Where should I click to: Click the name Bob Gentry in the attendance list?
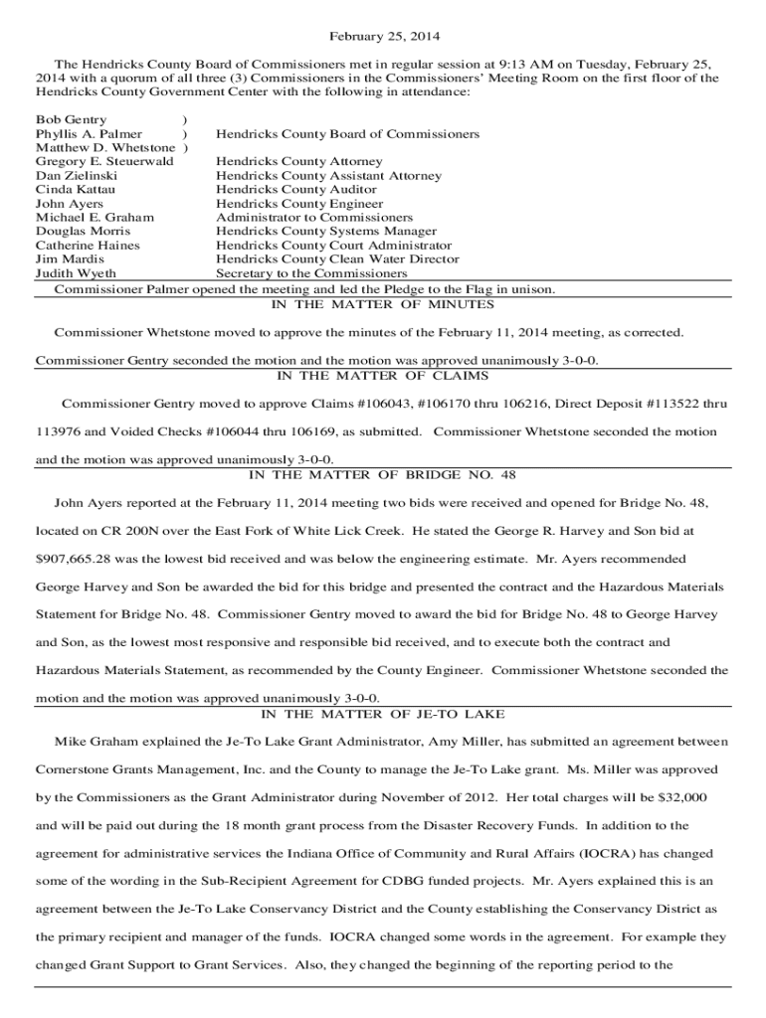(x=72, y=119)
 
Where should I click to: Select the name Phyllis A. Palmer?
(x=89, y=133)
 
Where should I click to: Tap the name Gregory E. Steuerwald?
(x=104, y=161)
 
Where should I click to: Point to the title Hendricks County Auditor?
(x=296, y=189)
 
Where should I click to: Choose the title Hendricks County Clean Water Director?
(x=337, y=258)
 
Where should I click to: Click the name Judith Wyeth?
(x=76, y=273)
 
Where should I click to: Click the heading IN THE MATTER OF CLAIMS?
(x=383, y=376)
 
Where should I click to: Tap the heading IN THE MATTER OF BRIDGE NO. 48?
(x=383, y=475)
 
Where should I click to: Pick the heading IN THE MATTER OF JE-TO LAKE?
(x=383, y=714)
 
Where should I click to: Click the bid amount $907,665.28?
(x=76, y=560)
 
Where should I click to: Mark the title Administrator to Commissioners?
(x=313, y=217)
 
